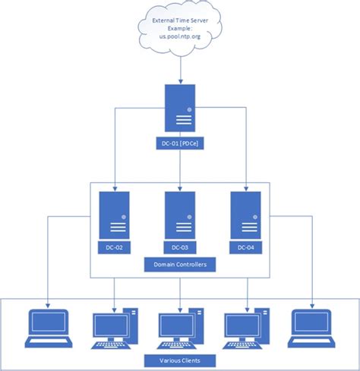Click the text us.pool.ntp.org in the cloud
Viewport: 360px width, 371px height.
pyautogui.click(x=180, y=36)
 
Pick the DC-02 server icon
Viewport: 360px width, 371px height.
pyautogui.click(x=114, y=214)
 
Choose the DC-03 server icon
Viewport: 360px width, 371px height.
pyautogui.click(x=180, y=214)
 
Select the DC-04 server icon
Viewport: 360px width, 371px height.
pyautogui.click(x=245, y=214)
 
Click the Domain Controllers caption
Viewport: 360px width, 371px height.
pyautogui.click(x=180, y=265)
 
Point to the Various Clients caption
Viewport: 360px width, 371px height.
pyautogui.click(x=180, y=359)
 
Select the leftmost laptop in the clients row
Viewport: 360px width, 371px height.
pyautogui.click(x=48, y=328)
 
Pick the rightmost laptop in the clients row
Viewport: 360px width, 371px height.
pyautogui.click(x=312, y=328)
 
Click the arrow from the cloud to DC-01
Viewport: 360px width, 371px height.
pyautogui.click(x=180, y=68)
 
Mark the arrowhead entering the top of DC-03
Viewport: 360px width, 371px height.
pyautogui.click(x=180, y=186)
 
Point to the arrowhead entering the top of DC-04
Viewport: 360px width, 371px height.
pyautogui.click(x=245, y=186)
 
